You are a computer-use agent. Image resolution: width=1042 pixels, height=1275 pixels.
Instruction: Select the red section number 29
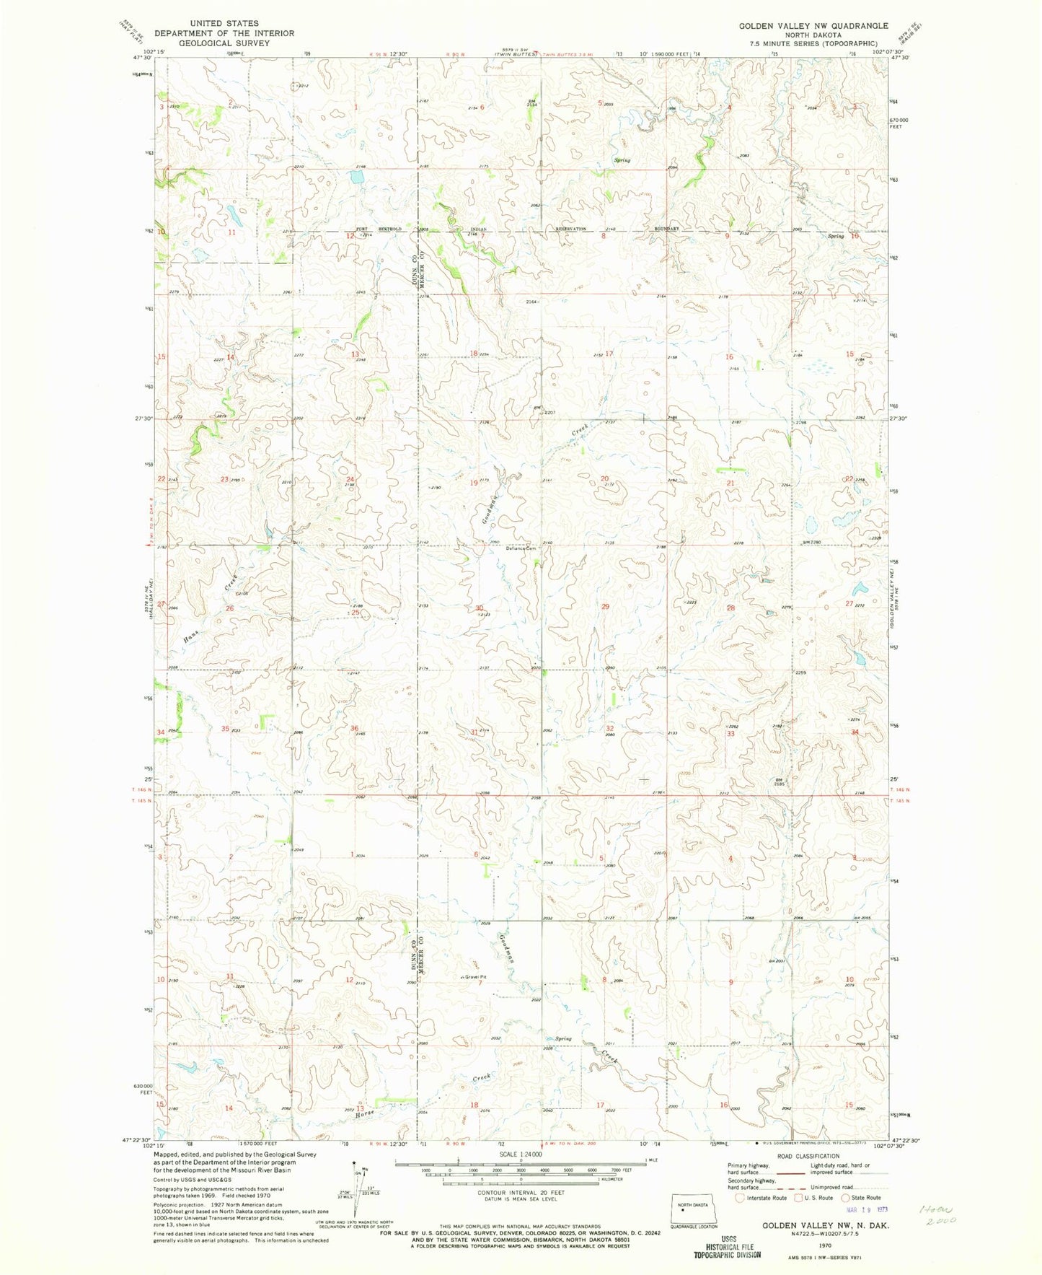605,607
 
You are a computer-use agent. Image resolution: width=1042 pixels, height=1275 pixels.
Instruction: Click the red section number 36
354,729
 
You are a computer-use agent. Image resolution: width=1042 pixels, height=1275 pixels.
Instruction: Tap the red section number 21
730,483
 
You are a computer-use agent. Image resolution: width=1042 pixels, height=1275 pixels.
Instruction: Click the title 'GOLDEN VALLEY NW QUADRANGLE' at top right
813,25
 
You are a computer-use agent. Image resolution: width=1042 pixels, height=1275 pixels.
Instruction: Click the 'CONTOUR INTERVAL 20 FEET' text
521,1193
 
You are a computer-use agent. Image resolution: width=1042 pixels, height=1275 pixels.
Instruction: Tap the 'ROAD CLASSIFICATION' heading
808,1156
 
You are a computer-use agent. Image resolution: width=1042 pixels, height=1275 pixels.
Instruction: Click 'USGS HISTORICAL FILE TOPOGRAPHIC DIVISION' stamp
726,1246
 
